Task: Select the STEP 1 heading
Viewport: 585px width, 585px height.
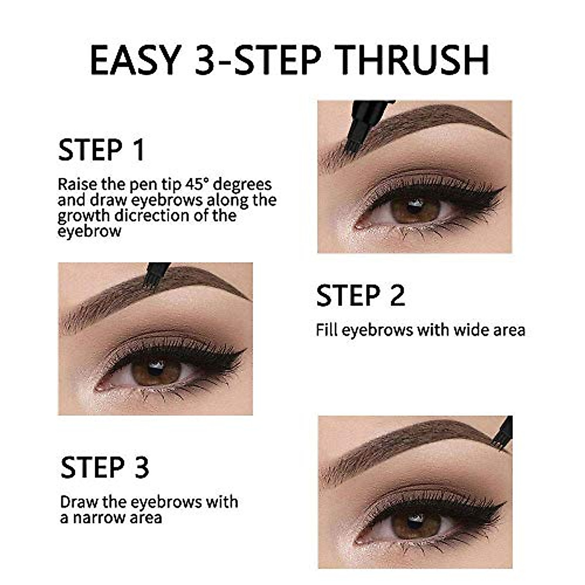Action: tap(101, 150)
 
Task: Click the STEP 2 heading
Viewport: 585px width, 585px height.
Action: tap(360, 295)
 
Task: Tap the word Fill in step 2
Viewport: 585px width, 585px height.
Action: tap(327, 330)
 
